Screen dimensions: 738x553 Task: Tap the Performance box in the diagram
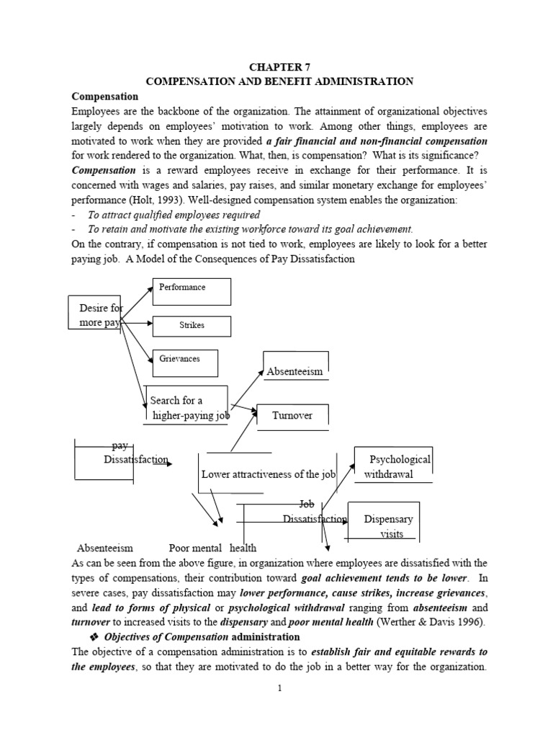click(x=191, y=290)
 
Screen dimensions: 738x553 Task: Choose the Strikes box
click(x=191, y=326)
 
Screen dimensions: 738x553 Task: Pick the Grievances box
click(x=185, y=362)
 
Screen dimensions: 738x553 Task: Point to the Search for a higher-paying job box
click(x=186, y=408)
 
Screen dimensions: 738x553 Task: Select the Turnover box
click(x=293, y=416)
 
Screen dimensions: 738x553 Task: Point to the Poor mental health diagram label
click(x=212, y=548)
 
